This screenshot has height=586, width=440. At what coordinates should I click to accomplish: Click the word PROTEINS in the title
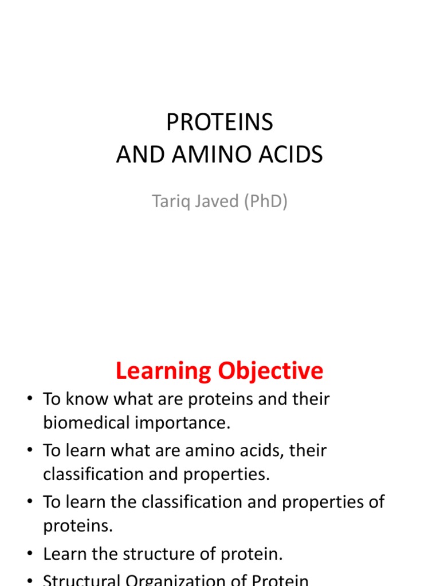[219, 122]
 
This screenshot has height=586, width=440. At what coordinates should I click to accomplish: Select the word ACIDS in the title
[293, 155]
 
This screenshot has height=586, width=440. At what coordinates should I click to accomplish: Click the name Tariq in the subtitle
[171, 201]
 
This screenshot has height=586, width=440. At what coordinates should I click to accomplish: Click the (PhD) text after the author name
[266, 201]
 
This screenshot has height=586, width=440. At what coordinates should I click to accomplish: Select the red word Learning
[161, 371]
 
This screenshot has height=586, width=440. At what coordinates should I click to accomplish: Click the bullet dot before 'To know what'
[29, 399]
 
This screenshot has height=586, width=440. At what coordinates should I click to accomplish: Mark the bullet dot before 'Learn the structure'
[29, 555]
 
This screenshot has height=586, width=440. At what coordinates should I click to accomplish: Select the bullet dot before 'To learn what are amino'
[29, 451]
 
